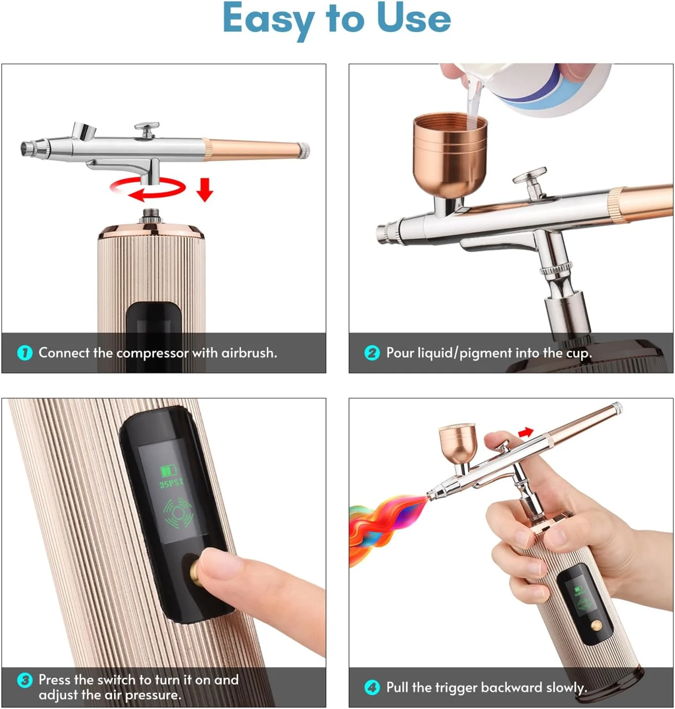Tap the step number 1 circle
pos(25,353)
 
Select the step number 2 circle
pos(372,353)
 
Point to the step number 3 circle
pos(25,680)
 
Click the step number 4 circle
pos(372,687)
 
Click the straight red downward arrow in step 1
pos(205,189)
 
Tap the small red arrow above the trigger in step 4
pos(526,432)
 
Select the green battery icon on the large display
pos(169,470)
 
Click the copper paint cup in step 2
pos(450,155)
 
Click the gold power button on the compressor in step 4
pos(596,625)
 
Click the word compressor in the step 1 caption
pos(152,353)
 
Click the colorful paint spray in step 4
pos(386,527)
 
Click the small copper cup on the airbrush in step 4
pos(458,444)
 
